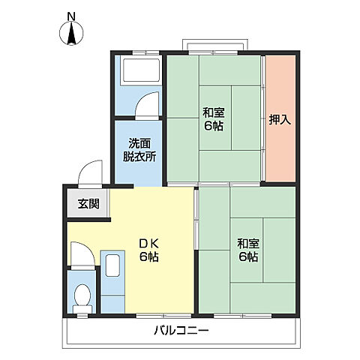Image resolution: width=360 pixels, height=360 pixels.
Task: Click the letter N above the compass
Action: (x=71, y=16)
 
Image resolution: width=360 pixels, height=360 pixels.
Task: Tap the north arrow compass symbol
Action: (x=71, y=33)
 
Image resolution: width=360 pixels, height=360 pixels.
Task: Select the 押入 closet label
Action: (x=280, y=120)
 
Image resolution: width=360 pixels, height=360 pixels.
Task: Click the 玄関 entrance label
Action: (x=88, y=204)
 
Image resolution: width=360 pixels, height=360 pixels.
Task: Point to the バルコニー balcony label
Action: (x=181, y=331)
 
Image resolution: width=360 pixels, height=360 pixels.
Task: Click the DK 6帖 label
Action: (x=149, y=250)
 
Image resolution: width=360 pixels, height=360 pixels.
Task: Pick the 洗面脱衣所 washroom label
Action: (x=139, y=150)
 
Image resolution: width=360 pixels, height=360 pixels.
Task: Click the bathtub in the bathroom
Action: (x=140, y=70)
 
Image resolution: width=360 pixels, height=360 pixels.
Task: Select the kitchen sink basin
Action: (x=112, y=265)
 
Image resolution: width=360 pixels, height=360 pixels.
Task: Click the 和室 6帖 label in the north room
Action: (x=214, y=119)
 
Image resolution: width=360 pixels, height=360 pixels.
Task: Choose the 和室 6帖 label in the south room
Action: (x=248, y=250)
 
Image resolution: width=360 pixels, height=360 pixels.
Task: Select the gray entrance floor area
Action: (x=87, y=203)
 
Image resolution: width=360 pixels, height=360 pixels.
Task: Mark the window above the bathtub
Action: (x=145, y=52)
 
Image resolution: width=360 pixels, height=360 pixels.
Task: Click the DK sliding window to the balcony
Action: (x=163, y=316)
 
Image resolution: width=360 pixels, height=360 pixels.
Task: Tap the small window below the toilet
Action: (x=82, y=316)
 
